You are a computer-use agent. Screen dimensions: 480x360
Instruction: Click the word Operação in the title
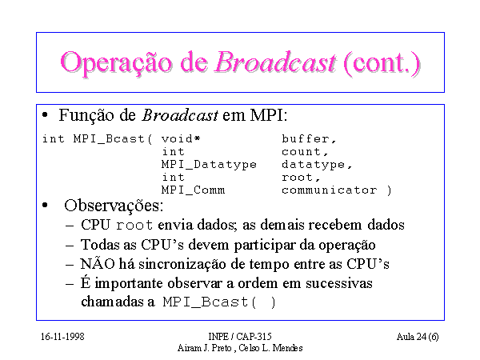click(x=116, y=63)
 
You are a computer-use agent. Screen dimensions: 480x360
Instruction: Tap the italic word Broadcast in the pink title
click(x=275, y=62)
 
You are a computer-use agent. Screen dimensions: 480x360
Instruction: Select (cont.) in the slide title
click(x=382, y=63)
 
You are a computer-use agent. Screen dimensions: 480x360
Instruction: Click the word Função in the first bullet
click(x=86, y=116)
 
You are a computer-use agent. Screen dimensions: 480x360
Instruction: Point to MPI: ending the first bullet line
click(x=269, y=115)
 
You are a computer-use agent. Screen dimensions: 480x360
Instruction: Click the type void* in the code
click(x=181, y=139)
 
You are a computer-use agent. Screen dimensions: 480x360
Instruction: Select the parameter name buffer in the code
click(x=309, y=139)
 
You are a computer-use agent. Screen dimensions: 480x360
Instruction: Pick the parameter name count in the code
click(x=305, y=152)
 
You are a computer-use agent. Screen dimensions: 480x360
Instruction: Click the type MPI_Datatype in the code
click(x=209, y=165)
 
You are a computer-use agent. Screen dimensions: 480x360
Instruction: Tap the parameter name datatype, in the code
click(x=317, y=165)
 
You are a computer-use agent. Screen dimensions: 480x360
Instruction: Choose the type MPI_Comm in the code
click(x=193, y=190)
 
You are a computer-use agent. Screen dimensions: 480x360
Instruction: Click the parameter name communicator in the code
click(x=330, y=190)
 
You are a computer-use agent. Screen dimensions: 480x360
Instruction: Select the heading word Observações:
click(x=114, y=206)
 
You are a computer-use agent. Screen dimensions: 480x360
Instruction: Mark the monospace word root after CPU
click(x=134, y=226)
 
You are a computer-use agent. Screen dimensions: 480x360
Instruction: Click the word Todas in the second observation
click(x=100, y=245)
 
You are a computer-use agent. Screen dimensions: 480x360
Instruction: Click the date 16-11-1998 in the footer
click(x=62, y=337)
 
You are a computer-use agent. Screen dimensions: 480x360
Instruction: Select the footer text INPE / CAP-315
click(x=240, y=337)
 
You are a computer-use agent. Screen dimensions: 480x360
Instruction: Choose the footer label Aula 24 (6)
click(x=418, y=337)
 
